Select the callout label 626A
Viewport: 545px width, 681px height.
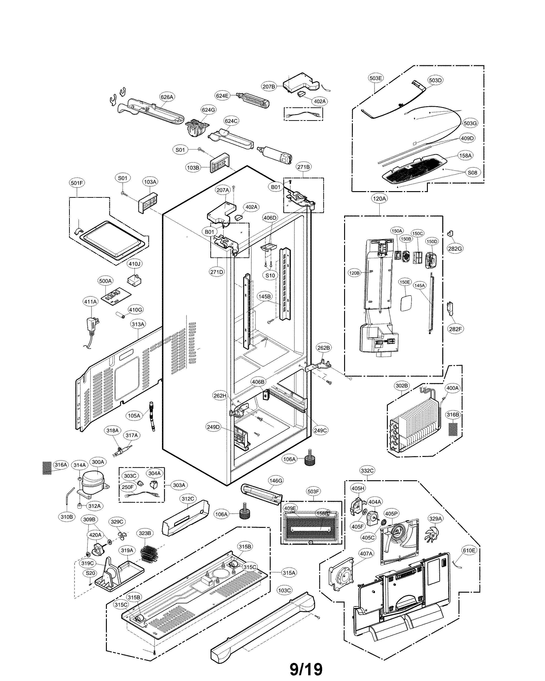[x=167, y=97]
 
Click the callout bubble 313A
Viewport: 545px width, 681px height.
[x=138, y=324]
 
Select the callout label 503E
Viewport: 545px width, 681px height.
[x=375, y=78]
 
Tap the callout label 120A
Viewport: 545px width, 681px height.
[x=379, y=198]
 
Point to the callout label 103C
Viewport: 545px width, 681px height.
[x=284, y=590]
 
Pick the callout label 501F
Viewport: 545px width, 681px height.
[x=77, y=183]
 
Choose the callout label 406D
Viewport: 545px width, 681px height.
[x=270, y=218]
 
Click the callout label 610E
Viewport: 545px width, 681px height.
[x=469, y=550]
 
